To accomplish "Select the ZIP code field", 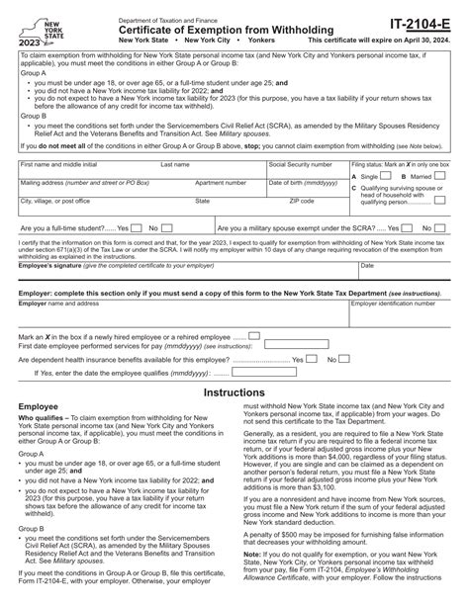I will click(307, 206).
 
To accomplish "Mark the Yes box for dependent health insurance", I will click(298, 359).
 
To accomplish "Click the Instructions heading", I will click(234, 392).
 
